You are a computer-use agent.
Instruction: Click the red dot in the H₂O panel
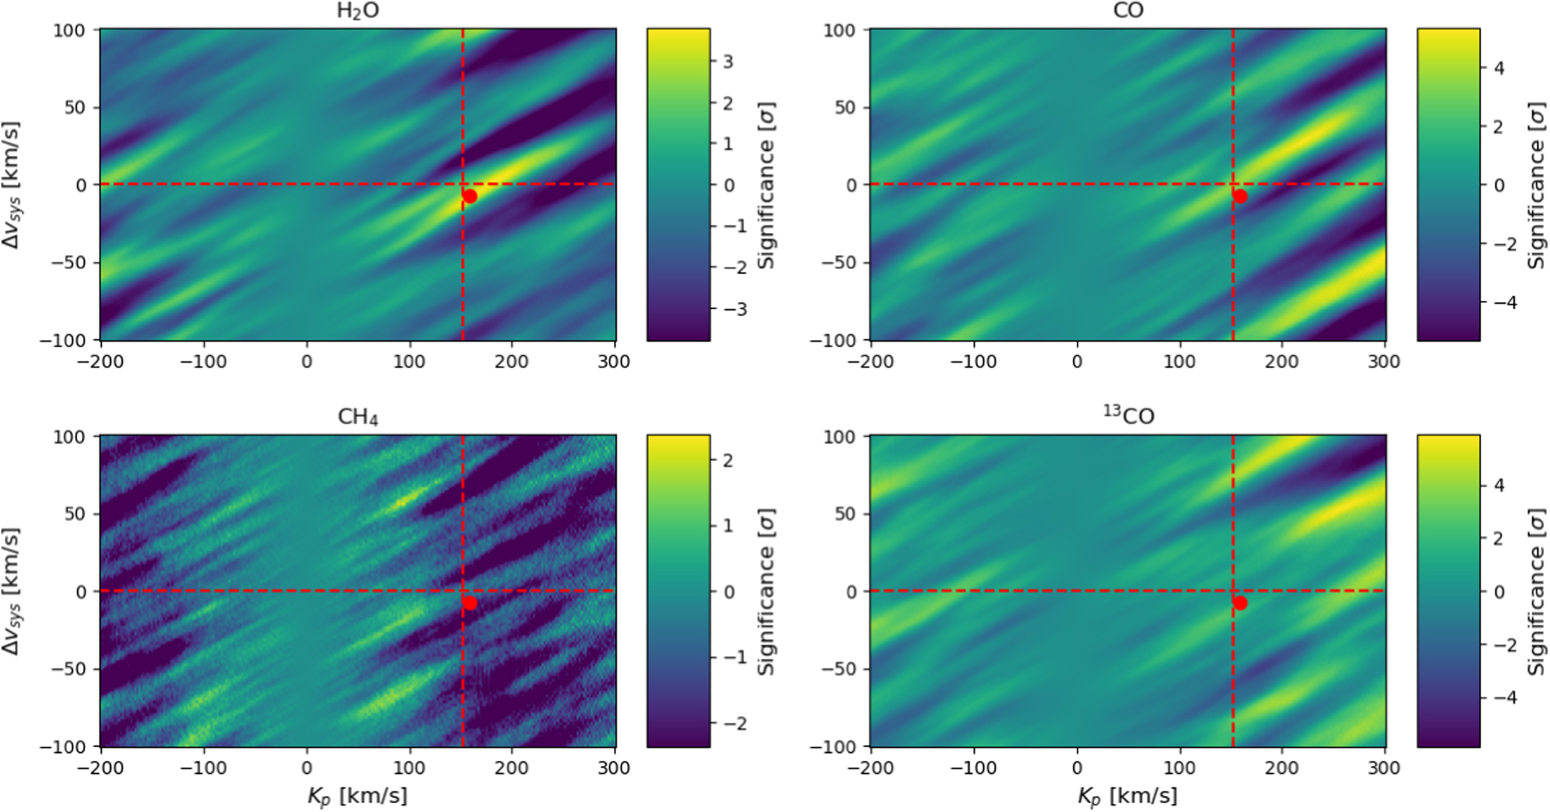[x=469, y=196]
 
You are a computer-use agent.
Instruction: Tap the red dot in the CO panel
[x=1240, y=196]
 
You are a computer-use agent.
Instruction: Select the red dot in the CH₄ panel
[x=469, y=602]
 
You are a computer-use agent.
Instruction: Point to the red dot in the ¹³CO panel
[x=1240, y=602]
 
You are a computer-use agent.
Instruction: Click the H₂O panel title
[x=358, y=12]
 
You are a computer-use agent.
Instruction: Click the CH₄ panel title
[x=358, y=417]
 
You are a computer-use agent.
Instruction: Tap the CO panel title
[x=1128, y=11]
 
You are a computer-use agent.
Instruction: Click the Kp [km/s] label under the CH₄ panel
[x=358, y=796]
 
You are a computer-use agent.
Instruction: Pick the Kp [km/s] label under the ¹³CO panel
[x=1128, y=796]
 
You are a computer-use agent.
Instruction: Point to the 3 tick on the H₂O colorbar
[x=727, y=62]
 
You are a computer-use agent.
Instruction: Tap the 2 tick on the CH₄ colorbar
[x=727, y=460]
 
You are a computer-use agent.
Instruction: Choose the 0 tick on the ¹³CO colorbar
[x=1498, y=592]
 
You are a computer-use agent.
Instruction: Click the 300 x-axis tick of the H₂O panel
[x=614, y=362]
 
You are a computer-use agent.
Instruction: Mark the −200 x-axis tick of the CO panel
[x=872, y=362]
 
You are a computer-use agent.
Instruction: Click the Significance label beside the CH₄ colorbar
[x=765, y=591]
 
